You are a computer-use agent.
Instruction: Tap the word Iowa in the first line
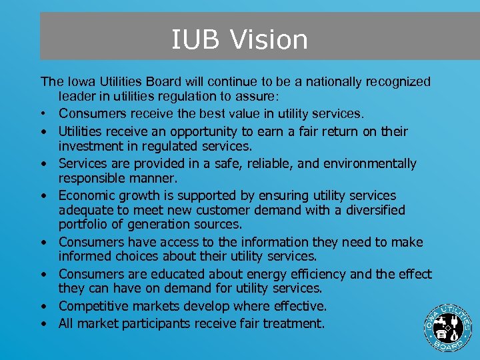pyautogui.click(x=79, y=82)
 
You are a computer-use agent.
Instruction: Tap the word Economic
pyautogui.click(x=88, y=195)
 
